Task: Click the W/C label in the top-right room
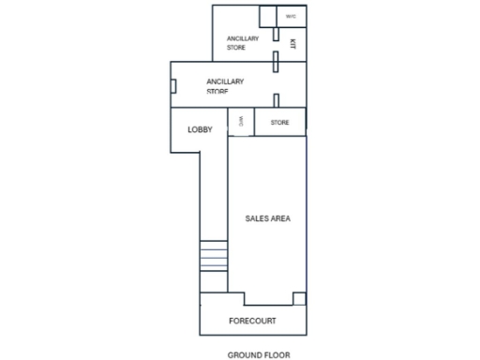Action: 291,17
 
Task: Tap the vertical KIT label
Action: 292,44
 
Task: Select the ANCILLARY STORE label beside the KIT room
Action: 242,42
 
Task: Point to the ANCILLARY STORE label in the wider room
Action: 225,86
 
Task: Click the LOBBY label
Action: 200,129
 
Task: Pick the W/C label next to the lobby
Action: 241,122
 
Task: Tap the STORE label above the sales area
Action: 279,123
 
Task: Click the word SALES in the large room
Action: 257,218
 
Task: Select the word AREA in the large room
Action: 280,218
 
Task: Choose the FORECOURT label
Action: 253,321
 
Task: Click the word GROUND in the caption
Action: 246,354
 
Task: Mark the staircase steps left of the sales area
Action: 214,256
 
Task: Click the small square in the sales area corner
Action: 299,298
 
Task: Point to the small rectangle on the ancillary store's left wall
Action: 173,85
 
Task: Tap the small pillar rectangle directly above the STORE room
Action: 276,99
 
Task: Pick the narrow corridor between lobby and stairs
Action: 214,187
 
